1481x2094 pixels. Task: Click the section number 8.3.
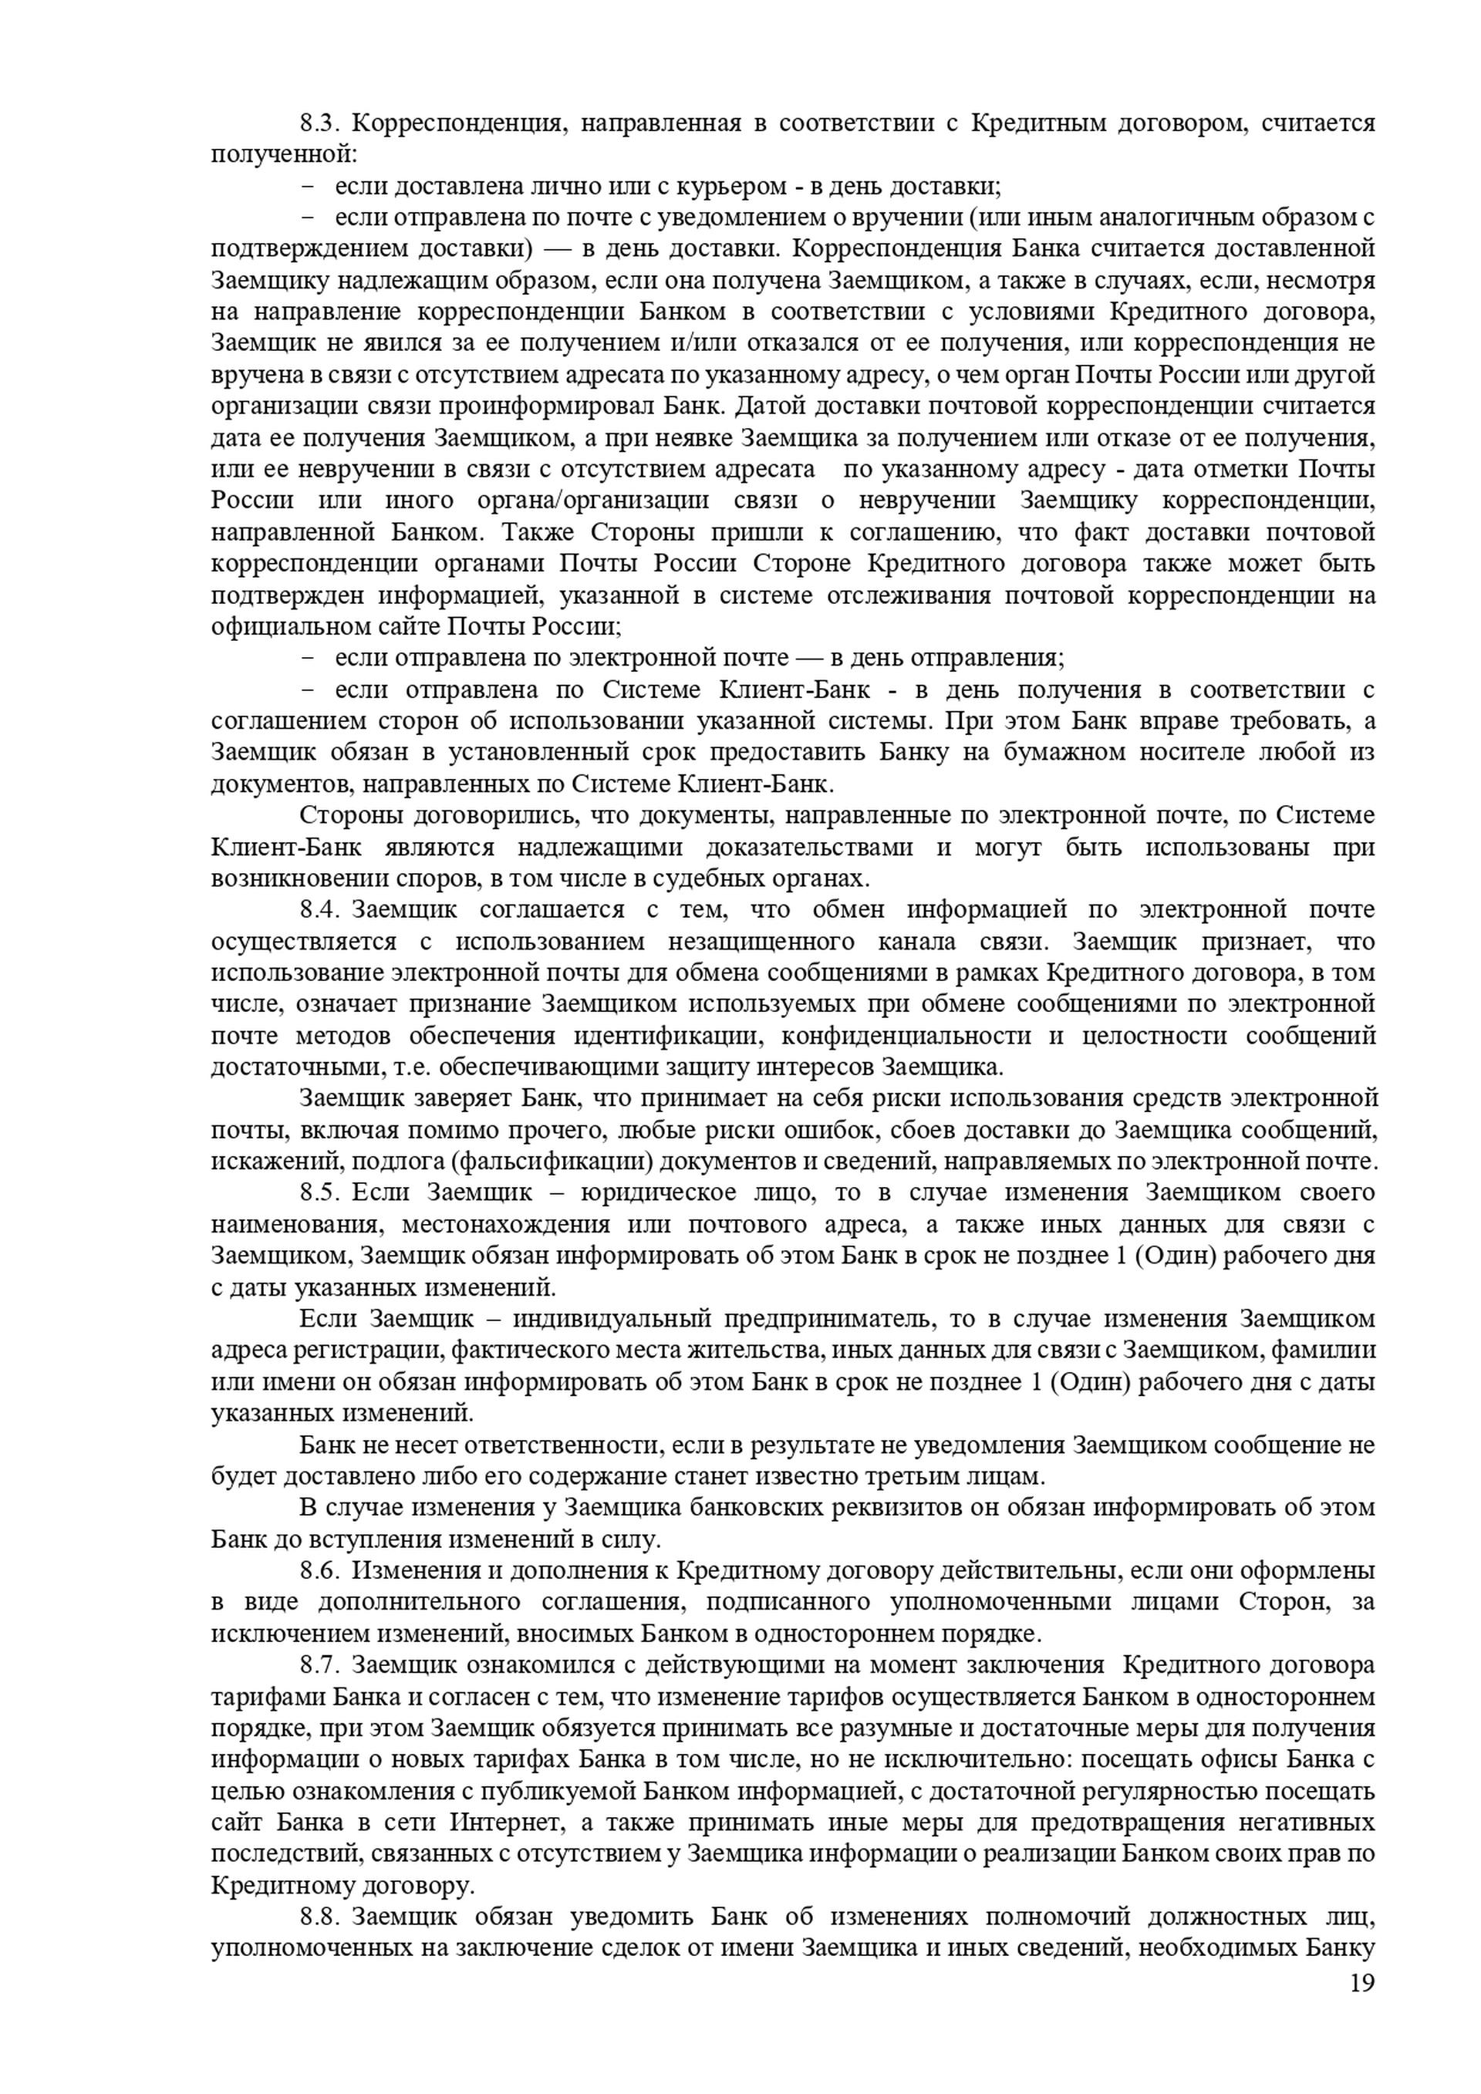pos(320,123)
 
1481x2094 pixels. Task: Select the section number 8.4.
pos(320,909)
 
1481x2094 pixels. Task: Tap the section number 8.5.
pos(320,1192)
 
